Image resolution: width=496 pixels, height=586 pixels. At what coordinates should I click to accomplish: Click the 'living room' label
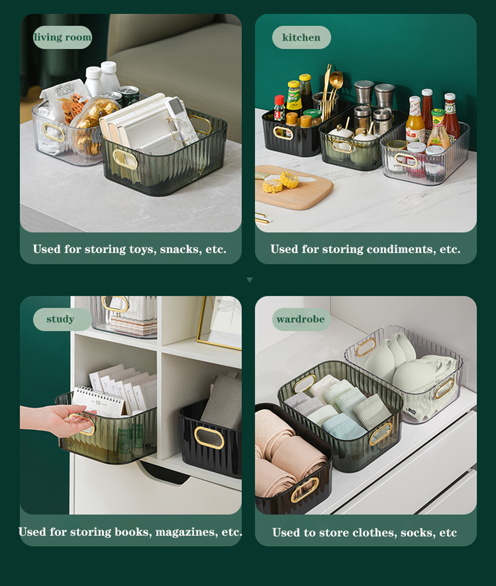tap(63, 37)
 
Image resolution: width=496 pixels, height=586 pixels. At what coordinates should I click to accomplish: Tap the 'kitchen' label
tap(301, 37)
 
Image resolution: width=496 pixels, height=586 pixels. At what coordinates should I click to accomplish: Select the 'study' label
tap(60, 319)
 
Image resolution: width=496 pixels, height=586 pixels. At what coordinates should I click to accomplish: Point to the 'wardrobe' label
tap(301, 319)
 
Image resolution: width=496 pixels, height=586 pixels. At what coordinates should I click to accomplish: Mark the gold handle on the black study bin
tap(209, 438)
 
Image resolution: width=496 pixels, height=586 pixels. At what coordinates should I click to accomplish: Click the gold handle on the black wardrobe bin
tap(304, 490)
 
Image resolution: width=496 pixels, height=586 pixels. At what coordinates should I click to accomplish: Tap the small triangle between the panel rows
tap(249, 280)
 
